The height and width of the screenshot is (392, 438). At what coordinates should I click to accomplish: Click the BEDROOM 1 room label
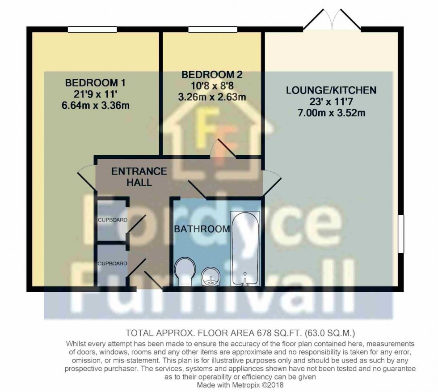click(95, 83)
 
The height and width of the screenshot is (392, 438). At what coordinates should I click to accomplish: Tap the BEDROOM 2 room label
click(212, 74)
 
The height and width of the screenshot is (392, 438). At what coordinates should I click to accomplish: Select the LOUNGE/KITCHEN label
click(331, 90)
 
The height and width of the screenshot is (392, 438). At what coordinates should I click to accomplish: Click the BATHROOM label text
click(202, 229)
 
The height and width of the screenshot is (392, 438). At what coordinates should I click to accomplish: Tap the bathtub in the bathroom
click(245, 248)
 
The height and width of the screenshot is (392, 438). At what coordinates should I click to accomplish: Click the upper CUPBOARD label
click(113, 220)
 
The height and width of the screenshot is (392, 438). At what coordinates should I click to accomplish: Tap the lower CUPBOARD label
click(113, 264)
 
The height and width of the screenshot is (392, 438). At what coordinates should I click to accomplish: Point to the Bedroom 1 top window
click(93, 30)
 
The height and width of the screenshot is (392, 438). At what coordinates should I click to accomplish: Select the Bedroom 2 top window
click(212, 30)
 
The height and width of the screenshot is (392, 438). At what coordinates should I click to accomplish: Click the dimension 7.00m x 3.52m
click(331, 113)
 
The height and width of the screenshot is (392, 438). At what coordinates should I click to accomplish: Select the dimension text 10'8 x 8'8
click(212, 85)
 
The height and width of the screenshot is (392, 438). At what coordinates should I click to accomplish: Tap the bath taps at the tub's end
click(245, 281)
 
